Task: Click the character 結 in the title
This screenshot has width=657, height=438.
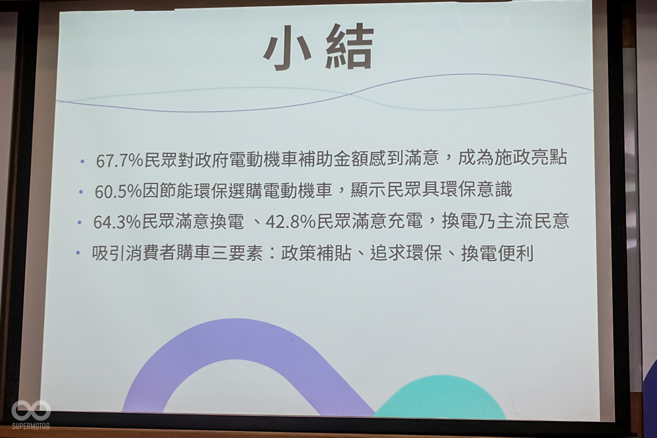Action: [349, 47]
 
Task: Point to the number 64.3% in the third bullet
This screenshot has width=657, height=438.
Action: [117, 222]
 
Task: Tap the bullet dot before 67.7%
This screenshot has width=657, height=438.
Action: [83, 161]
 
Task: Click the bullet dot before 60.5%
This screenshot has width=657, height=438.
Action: [81, 192]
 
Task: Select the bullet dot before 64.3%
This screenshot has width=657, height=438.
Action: [79, 222]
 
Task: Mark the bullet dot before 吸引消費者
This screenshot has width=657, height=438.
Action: [78, 253]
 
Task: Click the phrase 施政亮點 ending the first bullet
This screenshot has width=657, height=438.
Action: [531, 158]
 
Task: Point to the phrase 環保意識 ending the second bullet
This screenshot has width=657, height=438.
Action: [476, 189]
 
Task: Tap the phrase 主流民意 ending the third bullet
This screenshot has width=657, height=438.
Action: [533, 220]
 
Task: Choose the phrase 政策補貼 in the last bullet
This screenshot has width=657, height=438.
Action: [316, 253]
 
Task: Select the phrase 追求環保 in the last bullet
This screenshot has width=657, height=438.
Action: [406, 253]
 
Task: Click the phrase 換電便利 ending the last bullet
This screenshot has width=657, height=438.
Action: [497, 253]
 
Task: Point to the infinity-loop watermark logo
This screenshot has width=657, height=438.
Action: [31, 410]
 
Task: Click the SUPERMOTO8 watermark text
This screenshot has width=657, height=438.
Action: [31, 426]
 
